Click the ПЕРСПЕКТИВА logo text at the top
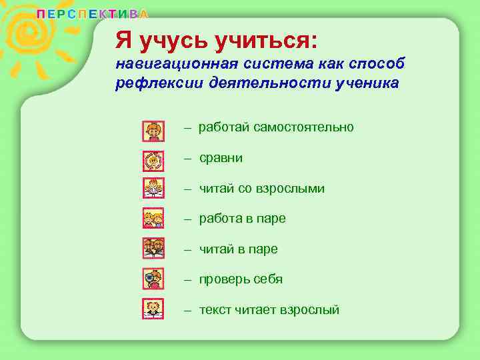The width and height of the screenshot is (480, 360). [92, 14]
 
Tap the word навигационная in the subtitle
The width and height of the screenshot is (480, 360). [171, 65]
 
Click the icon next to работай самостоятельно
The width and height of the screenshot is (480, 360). [153, 131]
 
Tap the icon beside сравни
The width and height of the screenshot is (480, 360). [153, 161]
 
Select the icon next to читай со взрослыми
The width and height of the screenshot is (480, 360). [153, 189]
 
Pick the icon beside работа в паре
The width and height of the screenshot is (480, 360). [153, 218]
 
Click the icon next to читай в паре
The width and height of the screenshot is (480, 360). [153, 248]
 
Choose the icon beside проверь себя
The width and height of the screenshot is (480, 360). [153, 277]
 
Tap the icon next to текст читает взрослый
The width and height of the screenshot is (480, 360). [153, 308]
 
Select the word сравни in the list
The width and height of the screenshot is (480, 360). [221, 159]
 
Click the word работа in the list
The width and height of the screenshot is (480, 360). [221, 219]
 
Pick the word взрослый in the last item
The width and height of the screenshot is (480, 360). [309, 310]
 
